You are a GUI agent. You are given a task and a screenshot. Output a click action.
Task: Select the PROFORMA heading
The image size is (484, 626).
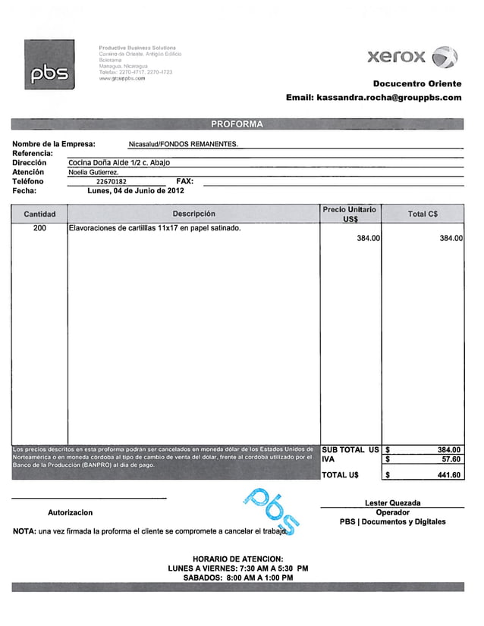click(237, 124)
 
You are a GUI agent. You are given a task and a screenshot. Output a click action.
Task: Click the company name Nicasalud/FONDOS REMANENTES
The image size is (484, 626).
click(183, 144)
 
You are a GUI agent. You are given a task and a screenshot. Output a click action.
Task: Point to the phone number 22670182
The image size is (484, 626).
click(112, 182)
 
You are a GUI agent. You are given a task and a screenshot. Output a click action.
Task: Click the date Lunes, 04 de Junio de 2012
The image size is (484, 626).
click(135, 191)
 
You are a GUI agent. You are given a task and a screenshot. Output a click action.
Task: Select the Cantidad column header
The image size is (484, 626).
click(39, 214)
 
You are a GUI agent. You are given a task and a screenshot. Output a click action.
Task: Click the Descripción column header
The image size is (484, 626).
click(193, 214)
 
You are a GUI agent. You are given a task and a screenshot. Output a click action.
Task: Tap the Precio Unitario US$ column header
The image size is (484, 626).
click(350, 214)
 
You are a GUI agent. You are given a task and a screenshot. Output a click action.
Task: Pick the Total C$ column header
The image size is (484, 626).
click(423, 214)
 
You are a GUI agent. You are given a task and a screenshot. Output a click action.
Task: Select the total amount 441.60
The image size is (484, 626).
click(448, 475)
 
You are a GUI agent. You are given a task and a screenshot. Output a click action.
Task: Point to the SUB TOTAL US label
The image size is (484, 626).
click(350, 449)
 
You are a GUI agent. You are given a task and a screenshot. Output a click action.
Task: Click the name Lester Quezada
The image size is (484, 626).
click(392, 502)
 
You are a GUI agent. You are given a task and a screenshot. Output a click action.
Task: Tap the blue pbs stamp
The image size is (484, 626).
click(271, 511)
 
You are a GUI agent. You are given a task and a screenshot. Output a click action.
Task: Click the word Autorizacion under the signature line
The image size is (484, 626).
click(70, 513)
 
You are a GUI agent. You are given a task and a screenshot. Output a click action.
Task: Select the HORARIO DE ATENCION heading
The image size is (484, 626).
click(237, 559)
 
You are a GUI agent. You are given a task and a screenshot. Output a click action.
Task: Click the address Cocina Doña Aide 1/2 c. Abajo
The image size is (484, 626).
click(119, 163)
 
